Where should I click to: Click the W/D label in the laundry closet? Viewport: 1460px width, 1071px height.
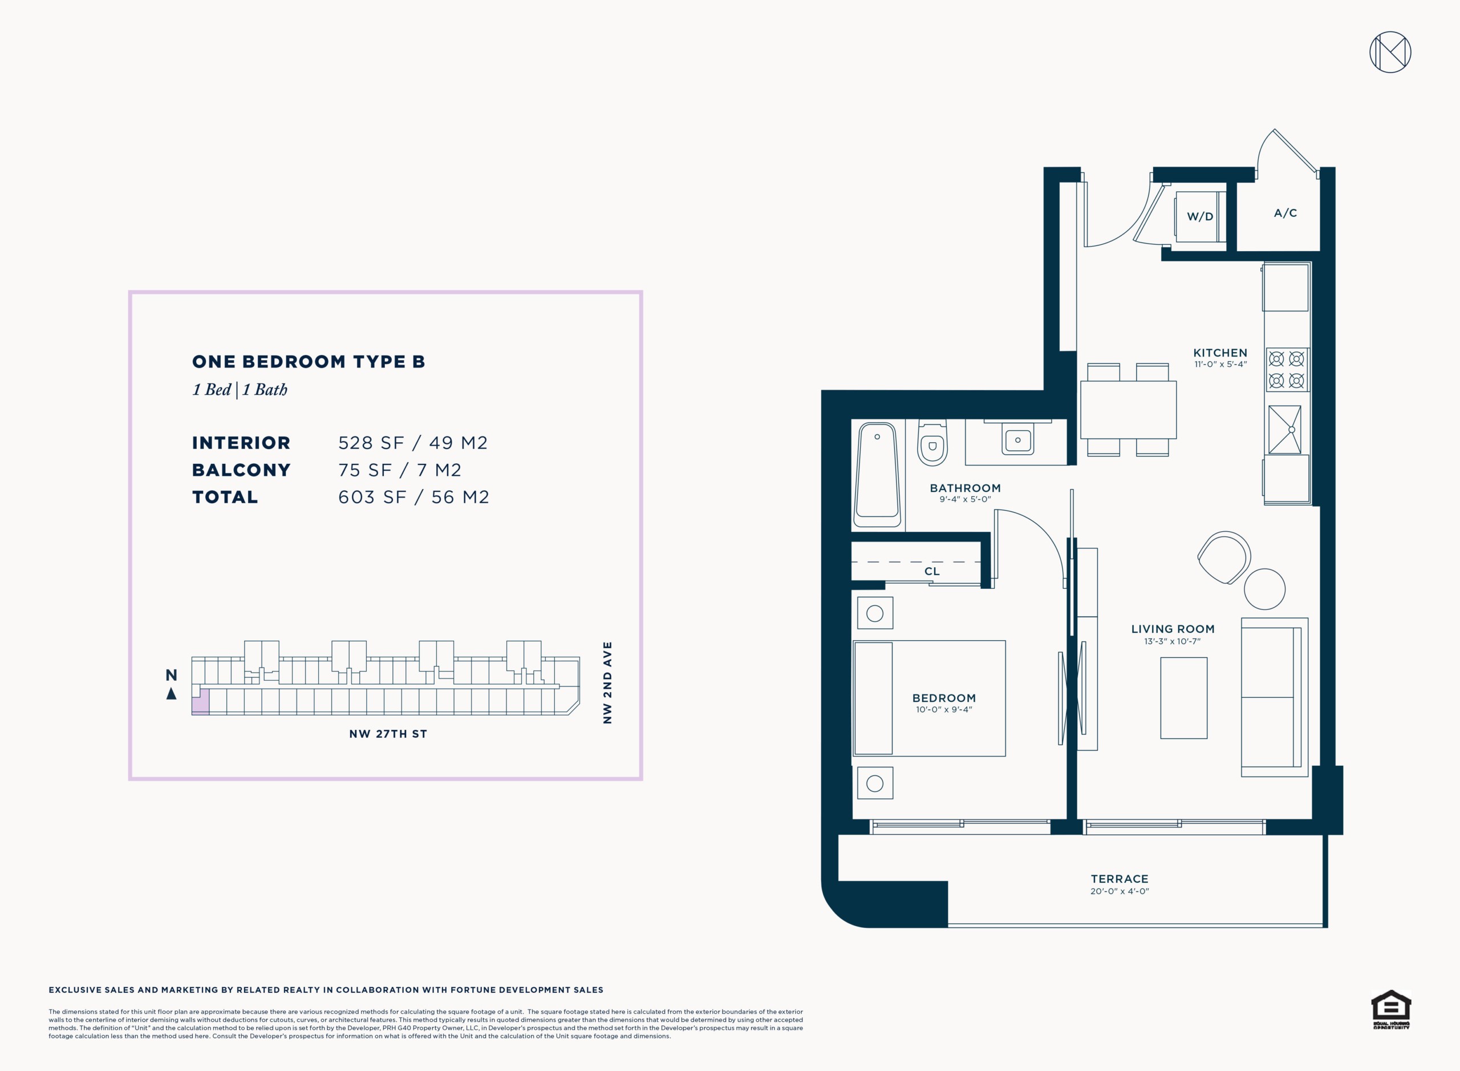[x=1199, y=216]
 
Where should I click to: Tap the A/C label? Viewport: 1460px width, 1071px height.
[x=1285, y=213]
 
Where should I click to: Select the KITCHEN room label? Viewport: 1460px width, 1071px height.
[x=1220, y=353]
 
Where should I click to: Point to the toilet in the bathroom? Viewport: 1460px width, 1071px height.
[x=932, y=442]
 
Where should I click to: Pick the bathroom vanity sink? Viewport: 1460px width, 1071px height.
[x=1018, y=440]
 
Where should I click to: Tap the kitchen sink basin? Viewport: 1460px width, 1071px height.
[x=1284, y=430]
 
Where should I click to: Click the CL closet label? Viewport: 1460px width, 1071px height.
[x=932, y=571]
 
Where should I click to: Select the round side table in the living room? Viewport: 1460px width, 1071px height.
[x=1264, y=589]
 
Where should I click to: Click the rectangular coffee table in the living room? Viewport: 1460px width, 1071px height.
[x=1183, y=698]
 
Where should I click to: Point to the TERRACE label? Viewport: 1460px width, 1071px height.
[x=1119, y=879]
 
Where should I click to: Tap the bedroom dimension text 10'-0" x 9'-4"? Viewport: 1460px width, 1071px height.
[x=943, y=709]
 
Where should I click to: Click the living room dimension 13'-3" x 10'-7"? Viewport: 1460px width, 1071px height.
[x=1172, y=641]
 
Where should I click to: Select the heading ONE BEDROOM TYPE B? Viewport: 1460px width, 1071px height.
[x=309, y=362]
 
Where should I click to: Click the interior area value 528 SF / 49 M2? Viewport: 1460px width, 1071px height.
[x=413, y=443]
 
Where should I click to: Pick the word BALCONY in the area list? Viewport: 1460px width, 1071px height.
[x=241, y=470]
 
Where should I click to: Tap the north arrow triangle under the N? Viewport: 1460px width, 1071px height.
[x=171, y=694]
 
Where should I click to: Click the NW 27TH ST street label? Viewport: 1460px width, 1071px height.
[x=388, y=734]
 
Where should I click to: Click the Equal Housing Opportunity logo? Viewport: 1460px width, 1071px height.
[x=1390, y=1009]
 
